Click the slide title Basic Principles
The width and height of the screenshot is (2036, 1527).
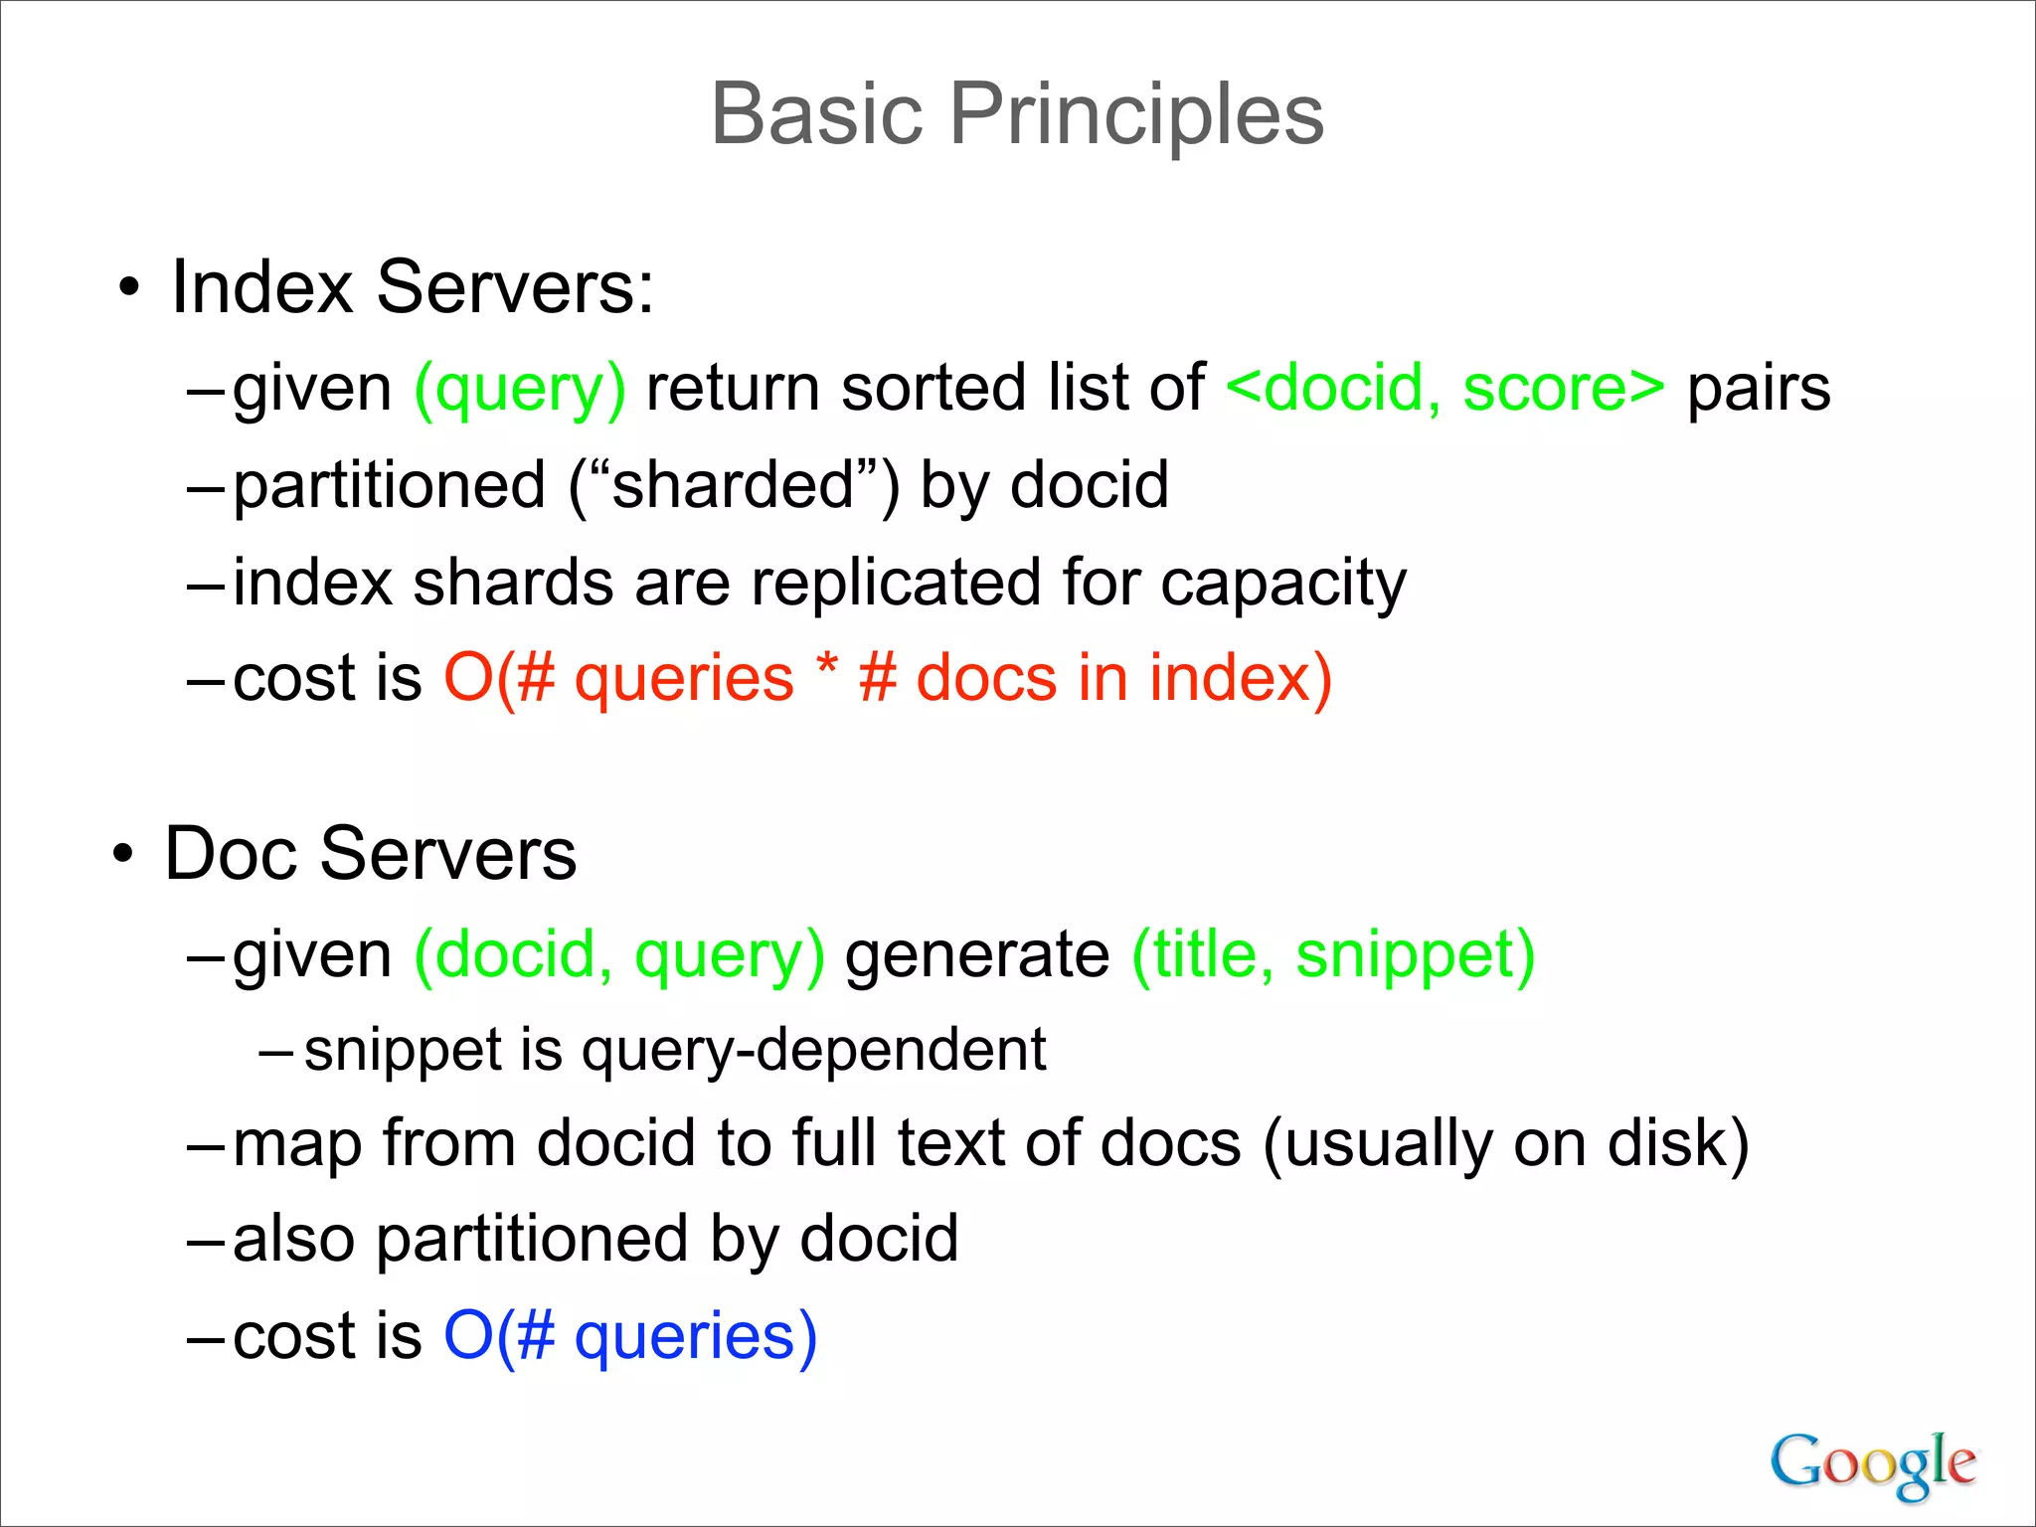[x=1017, y=114]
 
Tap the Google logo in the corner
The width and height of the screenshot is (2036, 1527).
[x=1872, y=1463]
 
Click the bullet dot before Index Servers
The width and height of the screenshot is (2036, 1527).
[x=128, y=289]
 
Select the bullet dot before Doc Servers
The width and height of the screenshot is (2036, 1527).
[x=122, y=855]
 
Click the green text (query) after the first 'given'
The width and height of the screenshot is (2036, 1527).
[x=520, y=389]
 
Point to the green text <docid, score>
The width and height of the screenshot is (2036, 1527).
[x=1444, y=389]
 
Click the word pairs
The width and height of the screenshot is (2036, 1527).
[x=1758, y=389]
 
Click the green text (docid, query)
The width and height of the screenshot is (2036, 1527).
[x=619, y=956]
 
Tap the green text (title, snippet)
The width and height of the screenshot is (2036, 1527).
[x=1333, y=956]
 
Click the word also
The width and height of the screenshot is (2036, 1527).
[x=293, y=1240]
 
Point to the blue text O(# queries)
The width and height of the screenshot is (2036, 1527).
[x=630, y=1336]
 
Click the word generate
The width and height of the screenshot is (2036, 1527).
[x=977, y=956]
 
